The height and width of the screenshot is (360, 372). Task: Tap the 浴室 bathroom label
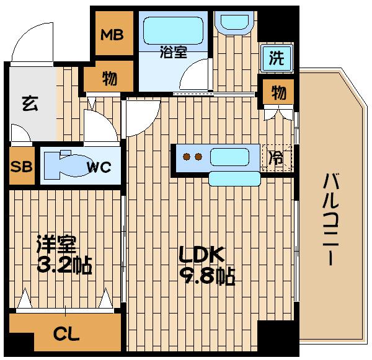[174, 53]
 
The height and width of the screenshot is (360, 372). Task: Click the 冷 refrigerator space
[275, 157]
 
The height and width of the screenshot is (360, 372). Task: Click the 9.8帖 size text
[208, 276]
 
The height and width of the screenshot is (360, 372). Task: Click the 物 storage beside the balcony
[278, 94]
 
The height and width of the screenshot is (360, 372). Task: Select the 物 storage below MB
[110, 79]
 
